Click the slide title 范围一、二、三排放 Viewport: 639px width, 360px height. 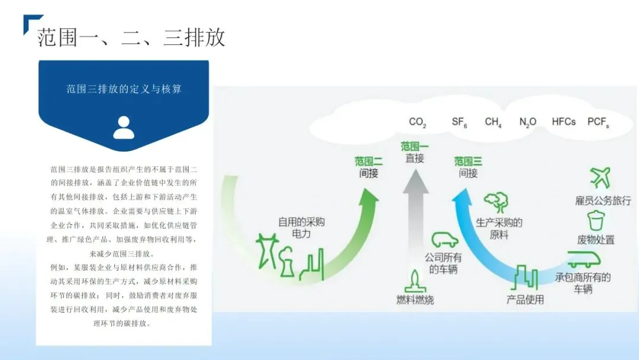pos(131,38)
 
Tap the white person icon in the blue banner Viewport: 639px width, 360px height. pos(124,127)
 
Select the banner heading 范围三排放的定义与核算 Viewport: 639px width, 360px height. pos(124,89)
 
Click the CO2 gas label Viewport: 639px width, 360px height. pos(417,123)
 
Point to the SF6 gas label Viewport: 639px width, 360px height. pos(460,123)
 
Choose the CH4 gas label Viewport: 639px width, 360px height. pos(493,123)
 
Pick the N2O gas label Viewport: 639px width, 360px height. pos(528,123)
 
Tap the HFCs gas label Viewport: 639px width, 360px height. pos(563,122)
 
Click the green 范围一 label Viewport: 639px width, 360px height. pos(415,146)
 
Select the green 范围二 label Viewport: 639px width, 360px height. pos(369,161)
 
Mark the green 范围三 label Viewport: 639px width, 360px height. pos(468,161)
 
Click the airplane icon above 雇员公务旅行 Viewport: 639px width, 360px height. pos(600,177)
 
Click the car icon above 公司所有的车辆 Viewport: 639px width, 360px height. pos(444,240)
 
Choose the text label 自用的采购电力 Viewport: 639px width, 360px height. pos(302,228)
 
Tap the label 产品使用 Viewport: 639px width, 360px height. pos(525,300)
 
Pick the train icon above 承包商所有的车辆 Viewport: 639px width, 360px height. pos(583,259)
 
